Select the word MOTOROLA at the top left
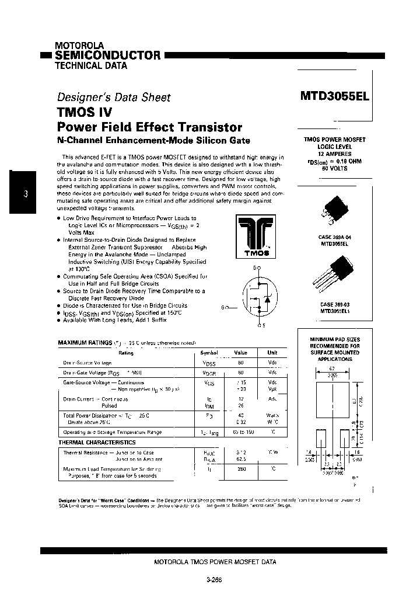point(79,45)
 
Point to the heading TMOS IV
point(85,112)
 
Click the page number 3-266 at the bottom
point(214,580)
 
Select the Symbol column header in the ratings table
point(209,353)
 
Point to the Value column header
point(241,353)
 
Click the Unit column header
point(272,353)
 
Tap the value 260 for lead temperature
point(241,468)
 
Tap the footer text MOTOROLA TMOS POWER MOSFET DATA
point(215,562)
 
